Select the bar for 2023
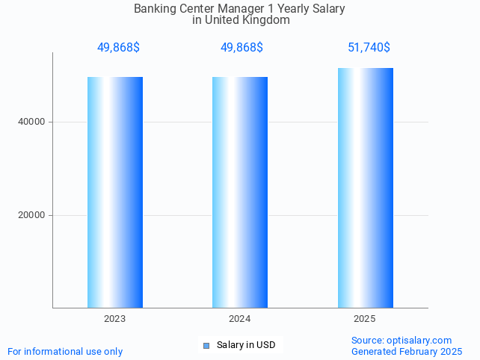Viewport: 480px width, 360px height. click(x=115, y=192)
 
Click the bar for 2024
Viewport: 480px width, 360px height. click(x=239, y=192)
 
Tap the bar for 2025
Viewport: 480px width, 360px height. click(x=365, y=187)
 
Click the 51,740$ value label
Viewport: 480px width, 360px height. click(x=369, y=48)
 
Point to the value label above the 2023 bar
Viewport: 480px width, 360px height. click(x=118, y=48)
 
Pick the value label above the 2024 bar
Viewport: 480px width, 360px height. click(x=241, y=48)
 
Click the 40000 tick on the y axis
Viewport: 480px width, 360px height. click(x=31, y=122)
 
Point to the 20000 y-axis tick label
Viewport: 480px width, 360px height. click(x=31, y=215)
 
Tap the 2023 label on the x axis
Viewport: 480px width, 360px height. click(x=115, y=319)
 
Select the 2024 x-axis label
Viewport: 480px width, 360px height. click(x=239, y=319)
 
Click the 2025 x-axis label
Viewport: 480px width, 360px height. click(x=365, y=319)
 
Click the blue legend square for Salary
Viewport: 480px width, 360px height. click(x=206, y=345)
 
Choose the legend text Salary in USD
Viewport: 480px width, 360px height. click(x=246, y=345)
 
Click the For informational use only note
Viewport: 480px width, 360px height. click(x=65, y=351)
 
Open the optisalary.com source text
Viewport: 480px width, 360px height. click(x=401, y=340)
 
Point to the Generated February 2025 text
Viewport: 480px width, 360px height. click(x=406, y=351)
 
